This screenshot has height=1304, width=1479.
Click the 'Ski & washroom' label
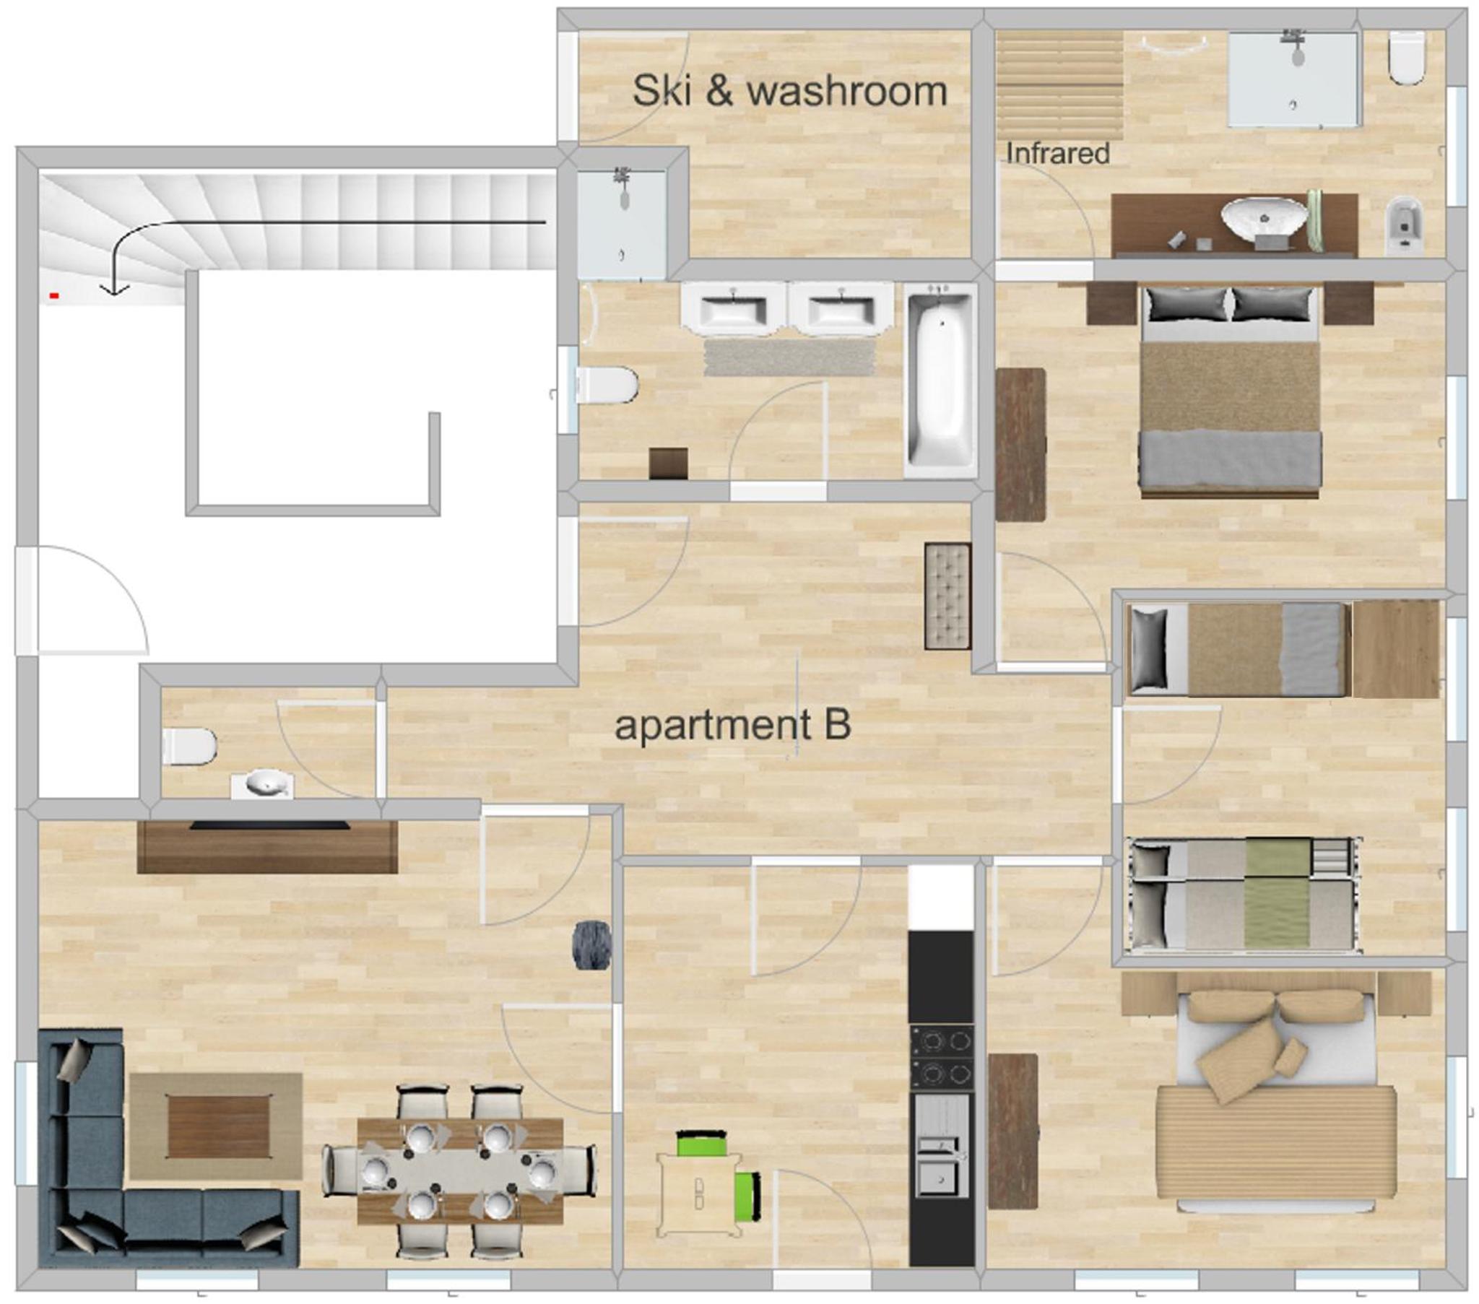(789, 91)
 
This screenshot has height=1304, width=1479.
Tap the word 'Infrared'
(1058, 152)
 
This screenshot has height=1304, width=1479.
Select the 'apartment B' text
(732, 725)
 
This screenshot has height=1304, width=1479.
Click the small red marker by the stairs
(53, 295)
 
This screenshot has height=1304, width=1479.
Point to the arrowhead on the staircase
(114, 289)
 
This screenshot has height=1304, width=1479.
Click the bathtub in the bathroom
(940, 380)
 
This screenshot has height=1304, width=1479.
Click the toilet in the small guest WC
(189, 746)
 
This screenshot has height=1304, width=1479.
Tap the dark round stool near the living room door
(592, 944)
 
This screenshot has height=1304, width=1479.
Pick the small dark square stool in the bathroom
(668, 463)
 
